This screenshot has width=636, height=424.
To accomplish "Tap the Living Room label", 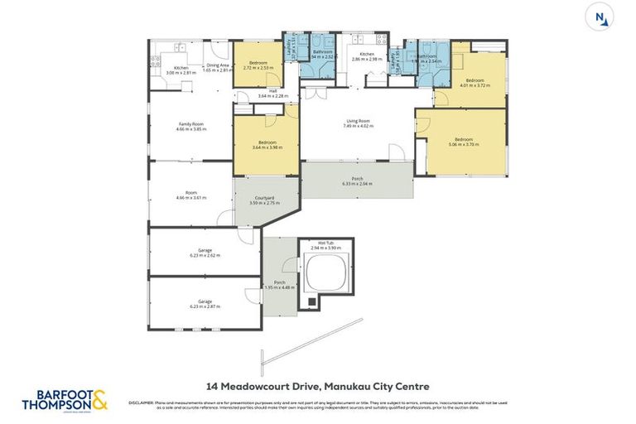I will tap(358, 122).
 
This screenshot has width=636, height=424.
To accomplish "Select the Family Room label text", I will tap(190, 124).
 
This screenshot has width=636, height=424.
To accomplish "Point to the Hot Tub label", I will tap(325, 243).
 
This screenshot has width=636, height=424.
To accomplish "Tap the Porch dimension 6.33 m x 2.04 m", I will tap(358, 183).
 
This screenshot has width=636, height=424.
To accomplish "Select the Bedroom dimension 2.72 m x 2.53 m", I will tap(258, 68).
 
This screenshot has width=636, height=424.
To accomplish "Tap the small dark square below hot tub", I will tap(312, 301).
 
